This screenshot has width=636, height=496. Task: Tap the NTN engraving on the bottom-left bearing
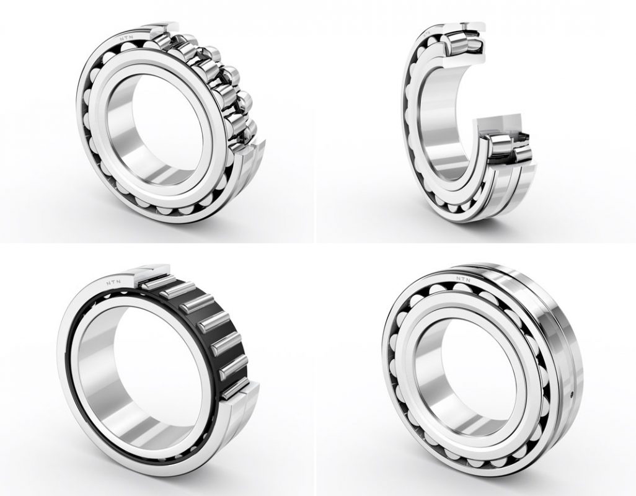[113, 281]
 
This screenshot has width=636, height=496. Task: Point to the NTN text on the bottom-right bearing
[463, 279]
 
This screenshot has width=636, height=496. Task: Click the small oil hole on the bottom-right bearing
[572, 393]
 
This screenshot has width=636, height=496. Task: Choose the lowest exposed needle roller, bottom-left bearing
[233, 390]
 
